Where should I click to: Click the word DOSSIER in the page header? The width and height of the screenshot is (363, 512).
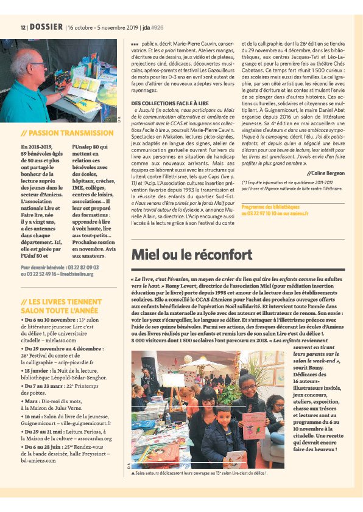(46, 27)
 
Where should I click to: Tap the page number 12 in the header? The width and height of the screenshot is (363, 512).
(23, 28)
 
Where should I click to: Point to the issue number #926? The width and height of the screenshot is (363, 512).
(157, 28)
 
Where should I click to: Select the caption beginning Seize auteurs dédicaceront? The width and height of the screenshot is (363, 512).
(202, 472)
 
